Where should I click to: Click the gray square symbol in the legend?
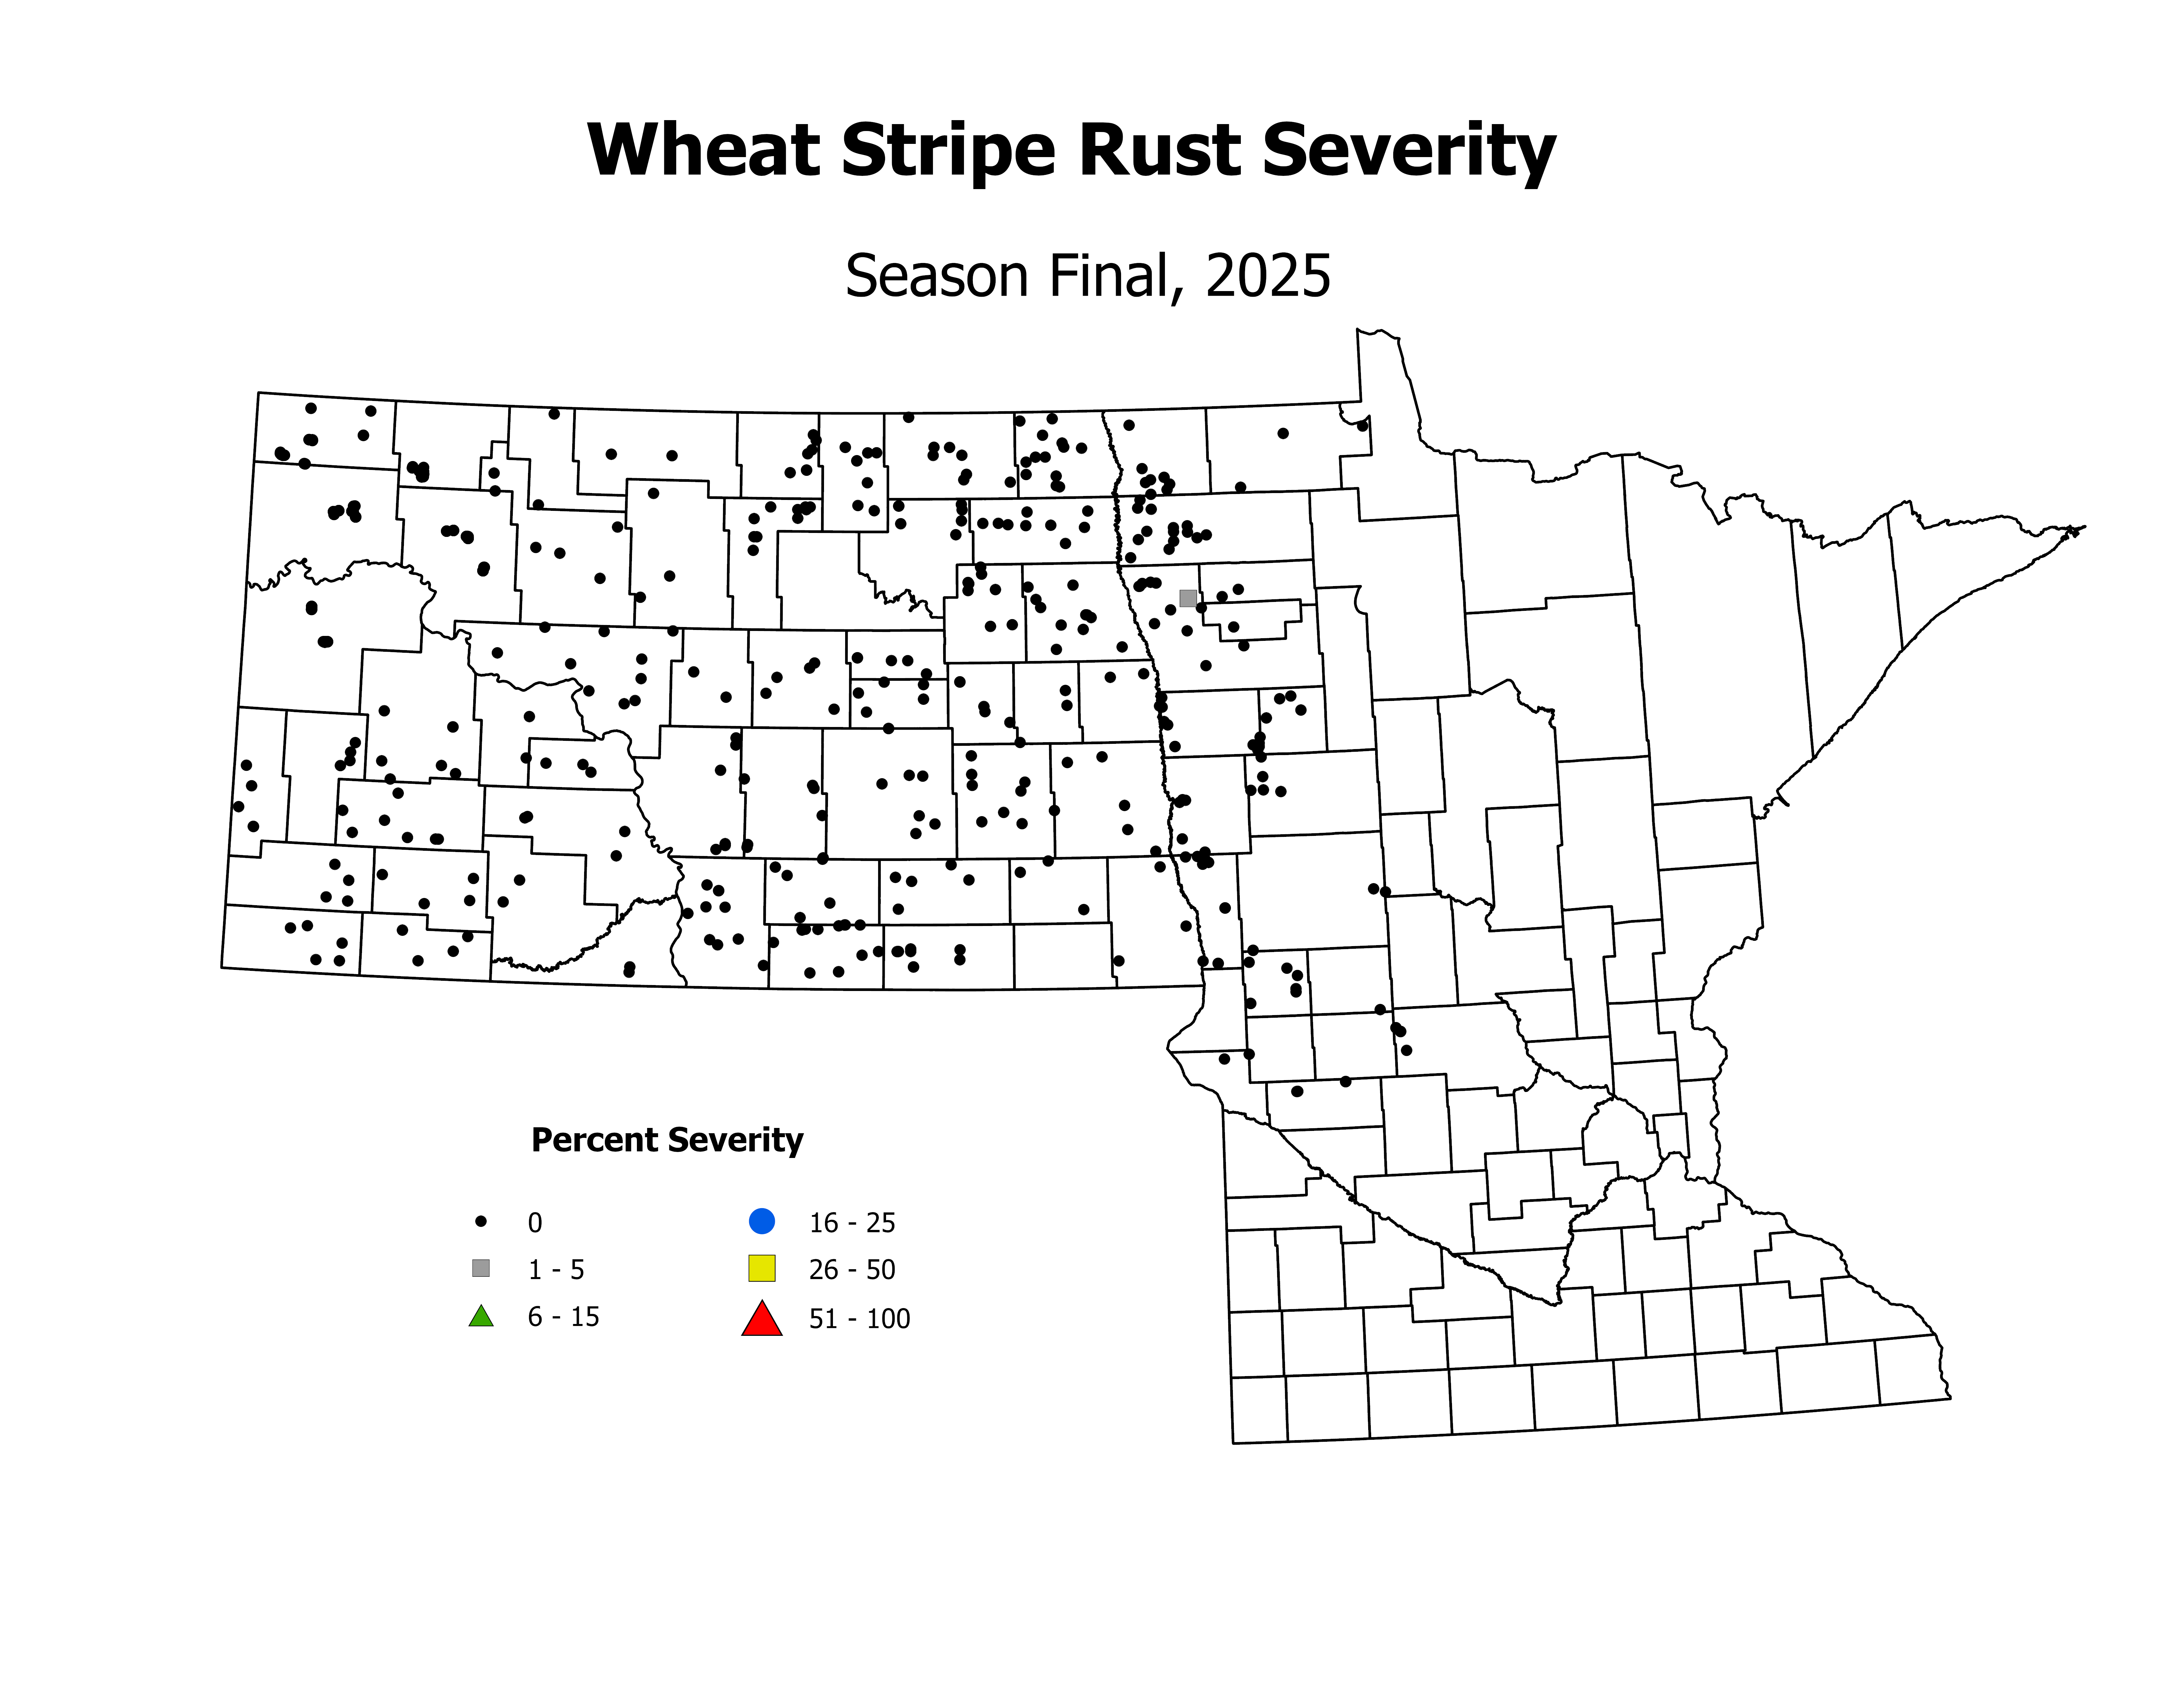[481, 1268]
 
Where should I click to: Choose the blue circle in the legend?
[762, 1220]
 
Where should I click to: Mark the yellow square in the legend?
[762, 1268]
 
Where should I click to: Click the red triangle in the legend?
[762, 1319]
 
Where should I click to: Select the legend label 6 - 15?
[563, 1317]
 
